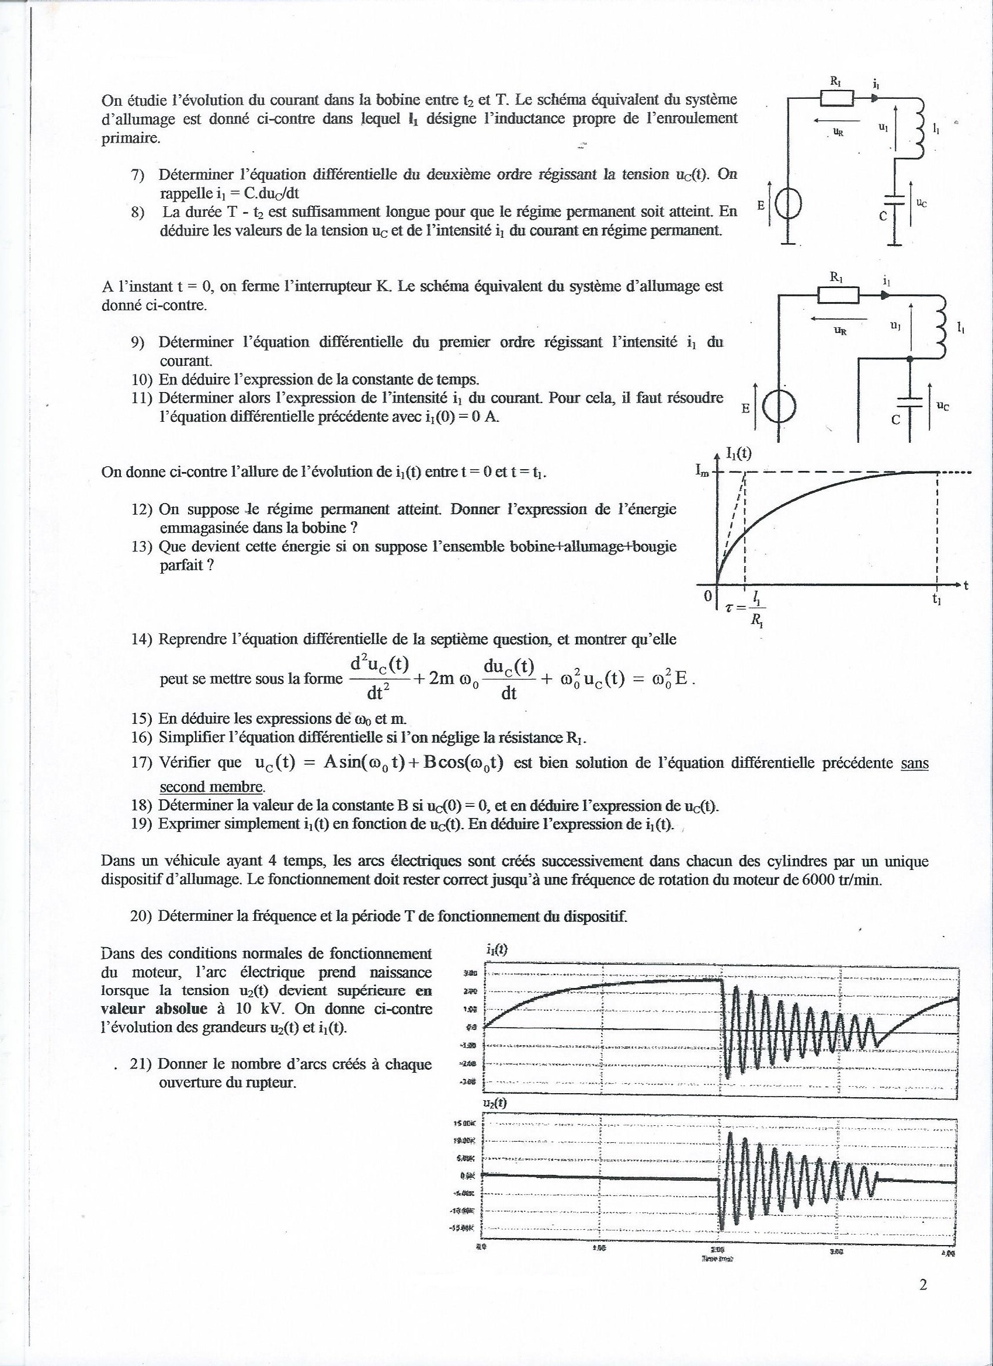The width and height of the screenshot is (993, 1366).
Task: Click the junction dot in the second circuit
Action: [909, 359]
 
